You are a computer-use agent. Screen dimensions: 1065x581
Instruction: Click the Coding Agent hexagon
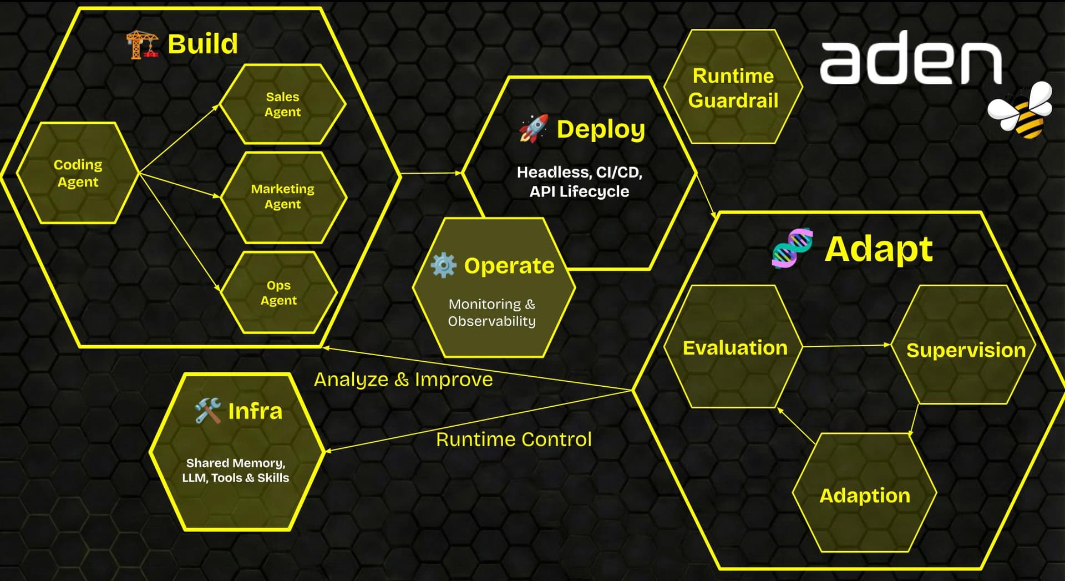click(x=78, y=173)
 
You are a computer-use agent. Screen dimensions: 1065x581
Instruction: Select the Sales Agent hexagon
click(x=283, y=104)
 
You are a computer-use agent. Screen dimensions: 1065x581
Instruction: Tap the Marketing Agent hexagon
click(x=283, y=196)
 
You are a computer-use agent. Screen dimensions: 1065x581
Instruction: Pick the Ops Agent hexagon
click(x=279, y=292)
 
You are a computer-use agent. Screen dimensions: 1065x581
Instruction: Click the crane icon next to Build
click(x=142, y=44)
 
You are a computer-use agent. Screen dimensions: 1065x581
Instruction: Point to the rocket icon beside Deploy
click(x=534, y=128)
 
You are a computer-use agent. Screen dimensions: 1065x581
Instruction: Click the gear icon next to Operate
click(x=444, y=265)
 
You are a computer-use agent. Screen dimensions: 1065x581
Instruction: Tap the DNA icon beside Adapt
click(x=793, y=247)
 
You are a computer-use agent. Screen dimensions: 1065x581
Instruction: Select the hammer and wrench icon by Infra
click(x=208, y=411)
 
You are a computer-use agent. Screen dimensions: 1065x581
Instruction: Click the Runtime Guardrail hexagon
click(x=733, y=87)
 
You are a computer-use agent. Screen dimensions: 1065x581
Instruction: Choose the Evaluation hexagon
click(x=734, y=347)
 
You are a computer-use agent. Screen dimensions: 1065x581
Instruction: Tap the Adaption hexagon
click(x=865, y=493)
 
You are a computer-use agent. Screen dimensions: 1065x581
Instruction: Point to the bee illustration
click(x=1021, y=110)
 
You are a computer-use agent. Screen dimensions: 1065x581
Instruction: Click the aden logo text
click(x=911, y=58)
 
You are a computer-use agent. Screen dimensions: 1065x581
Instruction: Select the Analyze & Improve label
click(x=403, y=380)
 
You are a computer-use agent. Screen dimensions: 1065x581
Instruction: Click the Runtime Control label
click(x=514, y=439)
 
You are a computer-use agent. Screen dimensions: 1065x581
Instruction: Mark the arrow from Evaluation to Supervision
click(x=847, y=346)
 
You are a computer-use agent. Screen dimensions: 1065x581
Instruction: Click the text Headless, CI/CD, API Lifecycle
click(x=579, y=181)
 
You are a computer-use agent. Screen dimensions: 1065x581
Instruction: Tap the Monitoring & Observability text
click(x=491, y=312)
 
